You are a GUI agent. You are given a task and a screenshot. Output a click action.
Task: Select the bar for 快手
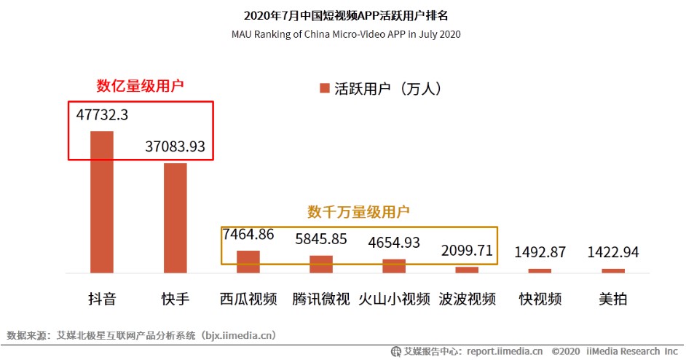175,218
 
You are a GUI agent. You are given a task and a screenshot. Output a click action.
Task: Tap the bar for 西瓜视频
248,262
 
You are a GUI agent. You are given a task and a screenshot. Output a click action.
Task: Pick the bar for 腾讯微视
321,264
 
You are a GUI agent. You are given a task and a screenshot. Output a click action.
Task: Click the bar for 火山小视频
394,266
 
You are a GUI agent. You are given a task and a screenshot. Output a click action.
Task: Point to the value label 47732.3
102,115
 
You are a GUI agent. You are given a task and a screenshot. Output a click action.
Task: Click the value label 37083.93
175,146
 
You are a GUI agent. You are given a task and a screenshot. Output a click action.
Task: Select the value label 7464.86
248,235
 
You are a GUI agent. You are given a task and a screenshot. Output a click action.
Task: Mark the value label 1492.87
540,253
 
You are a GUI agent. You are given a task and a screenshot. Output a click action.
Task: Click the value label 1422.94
612,253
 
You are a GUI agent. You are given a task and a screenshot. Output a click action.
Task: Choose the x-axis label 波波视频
467,300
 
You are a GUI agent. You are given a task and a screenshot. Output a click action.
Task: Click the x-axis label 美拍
612,300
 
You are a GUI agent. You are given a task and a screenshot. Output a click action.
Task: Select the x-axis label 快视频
540,300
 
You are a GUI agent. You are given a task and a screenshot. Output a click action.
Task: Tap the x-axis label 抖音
102,300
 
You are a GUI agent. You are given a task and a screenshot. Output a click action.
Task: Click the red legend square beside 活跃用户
324,89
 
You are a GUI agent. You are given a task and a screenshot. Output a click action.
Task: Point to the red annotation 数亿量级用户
140,85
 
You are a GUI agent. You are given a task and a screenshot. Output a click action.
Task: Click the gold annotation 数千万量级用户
358,212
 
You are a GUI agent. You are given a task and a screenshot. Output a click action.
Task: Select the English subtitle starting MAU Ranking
346,34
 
